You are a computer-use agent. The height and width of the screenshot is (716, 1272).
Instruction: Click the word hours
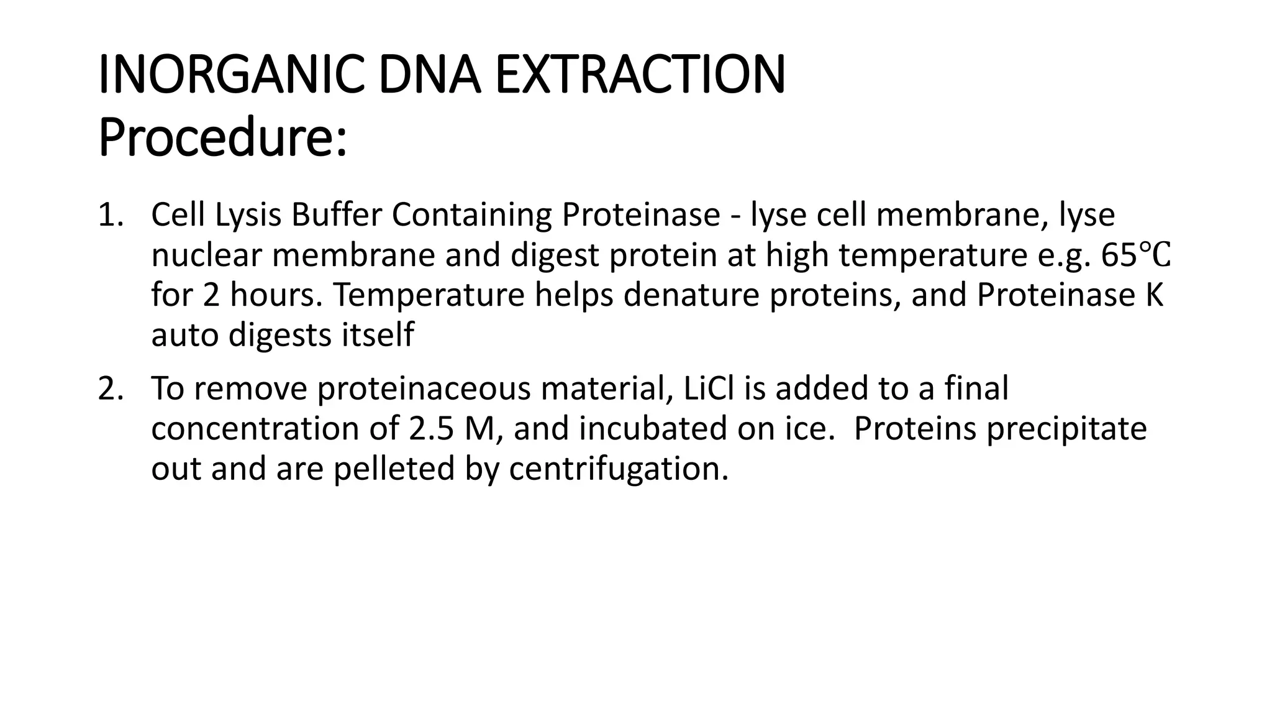(275, 295)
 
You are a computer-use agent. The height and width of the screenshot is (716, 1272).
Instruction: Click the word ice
(814, 429)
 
